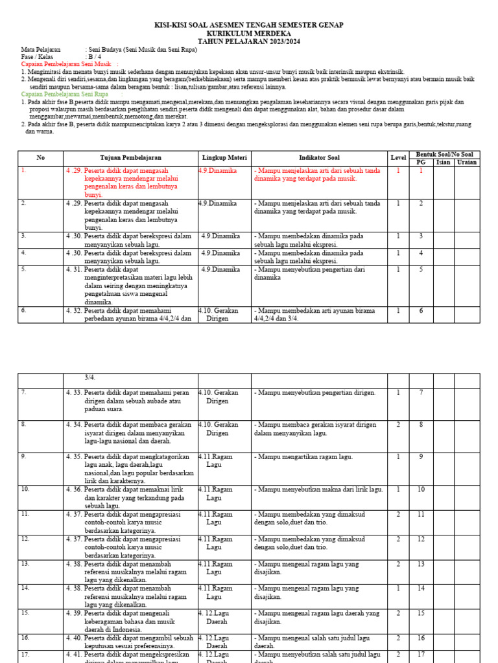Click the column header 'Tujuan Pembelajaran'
point(130,158)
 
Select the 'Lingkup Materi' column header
point(224,158)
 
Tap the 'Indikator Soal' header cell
point(319,158)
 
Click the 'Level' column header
point(397,158)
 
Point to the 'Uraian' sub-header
point(467,163)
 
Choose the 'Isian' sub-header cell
point(443,163)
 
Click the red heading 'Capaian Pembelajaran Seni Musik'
point(66,64)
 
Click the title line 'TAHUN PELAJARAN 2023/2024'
point(249,41)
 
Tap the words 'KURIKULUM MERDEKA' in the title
point(249,33)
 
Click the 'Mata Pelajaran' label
point(41,49)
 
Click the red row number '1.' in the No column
point(23,171)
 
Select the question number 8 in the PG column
point(420,425)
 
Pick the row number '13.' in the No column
point(25,564)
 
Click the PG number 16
point(420,638)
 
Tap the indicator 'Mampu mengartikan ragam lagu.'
point(304,457)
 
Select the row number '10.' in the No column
point(25,489)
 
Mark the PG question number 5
point(420,269)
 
